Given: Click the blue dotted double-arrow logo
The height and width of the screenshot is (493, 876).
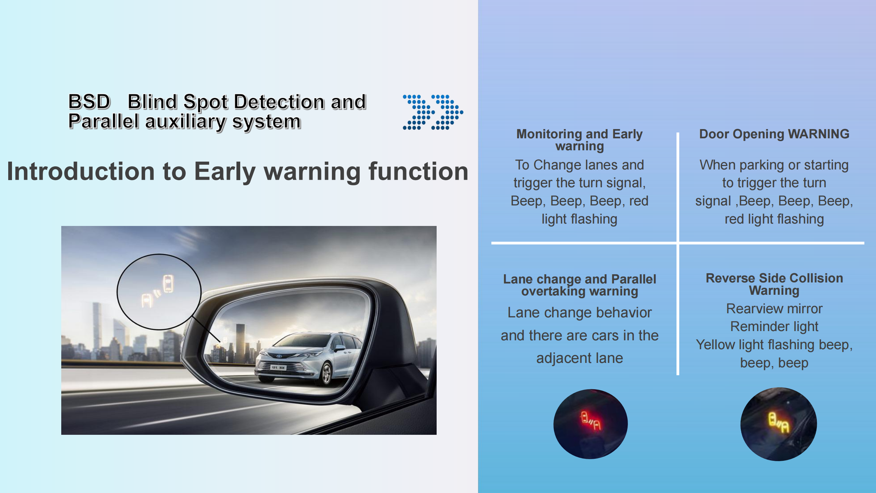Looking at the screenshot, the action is point(433,112).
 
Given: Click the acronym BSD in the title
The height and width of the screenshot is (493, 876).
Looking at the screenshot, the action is point(89,102).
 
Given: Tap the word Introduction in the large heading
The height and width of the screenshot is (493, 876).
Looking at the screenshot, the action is point(81,171).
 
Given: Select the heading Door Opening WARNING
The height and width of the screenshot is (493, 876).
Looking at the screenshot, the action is point(774,134).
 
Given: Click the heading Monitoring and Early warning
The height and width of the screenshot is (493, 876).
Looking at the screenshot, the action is point(579,140).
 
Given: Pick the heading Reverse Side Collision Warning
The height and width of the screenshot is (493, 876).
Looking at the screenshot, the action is point(774,284).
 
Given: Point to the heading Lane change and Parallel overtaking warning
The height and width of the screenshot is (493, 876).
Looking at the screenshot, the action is point(579,285).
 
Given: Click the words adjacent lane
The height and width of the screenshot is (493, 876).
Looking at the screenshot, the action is point(580,358).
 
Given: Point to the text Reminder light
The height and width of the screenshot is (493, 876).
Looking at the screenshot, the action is point(774,327).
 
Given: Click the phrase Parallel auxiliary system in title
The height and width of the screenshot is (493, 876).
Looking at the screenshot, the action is point(185,122).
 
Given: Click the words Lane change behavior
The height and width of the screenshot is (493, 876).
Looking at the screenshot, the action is point(579,313).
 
